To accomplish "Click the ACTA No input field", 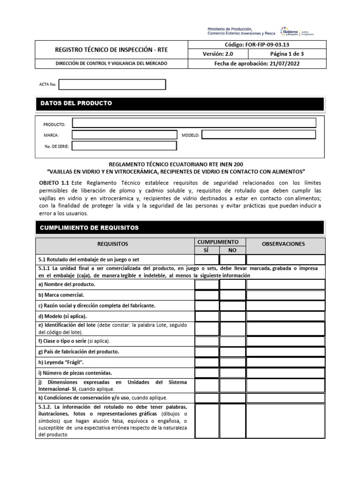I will (112, 84).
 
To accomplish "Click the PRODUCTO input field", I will (194, 123).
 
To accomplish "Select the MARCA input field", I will (125, 135).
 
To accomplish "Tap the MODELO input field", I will (258, 135).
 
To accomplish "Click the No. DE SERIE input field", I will (125, 146).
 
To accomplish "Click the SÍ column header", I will (207, 250).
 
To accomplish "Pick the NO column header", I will (232, 250).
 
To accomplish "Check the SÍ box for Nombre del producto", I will (207, 284).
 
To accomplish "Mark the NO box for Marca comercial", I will (232, 295).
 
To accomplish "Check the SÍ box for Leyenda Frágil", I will (207, 362).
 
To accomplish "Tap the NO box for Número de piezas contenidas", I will (232, 373).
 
